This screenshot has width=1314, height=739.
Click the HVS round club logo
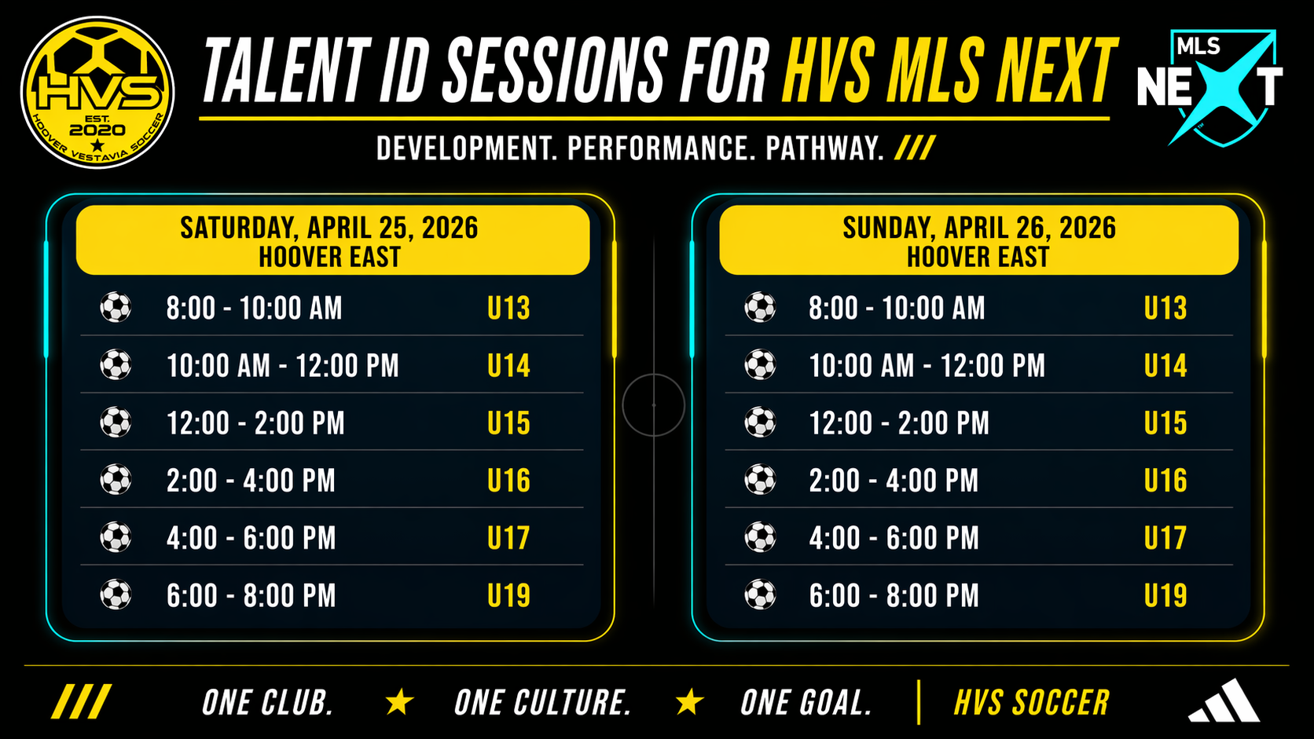click(x=97, y=92)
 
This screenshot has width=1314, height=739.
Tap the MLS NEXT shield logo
click(x=1210, y=87)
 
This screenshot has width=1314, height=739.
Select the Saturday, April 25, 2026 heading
click(x=329, y=228)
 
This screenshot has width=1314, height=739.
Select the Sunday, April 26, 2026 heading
click(x=979, y=228)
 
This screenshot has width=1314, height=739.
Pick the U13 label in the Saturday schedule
click(x=508, y=309)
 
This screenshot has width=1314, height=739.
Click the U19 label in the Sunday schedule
click(x=1165, y=595)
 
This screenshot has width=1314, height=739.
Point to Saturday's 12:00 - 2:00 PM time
click(x=255, y=423)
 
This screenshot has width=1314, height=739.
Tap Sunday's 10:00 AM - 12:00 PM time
click(x=927, y=366)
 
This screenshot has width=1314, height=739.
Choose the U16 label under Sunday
click(x=1165, y=481)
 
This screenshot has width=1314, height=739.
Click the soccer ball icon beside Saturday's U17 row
click(x=116, y=537)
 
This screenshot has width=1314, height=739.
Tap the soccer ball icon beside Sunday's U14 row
click(x=760, y=365)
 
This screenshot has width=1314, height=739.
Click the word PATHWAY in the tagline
click(x=824, y=149)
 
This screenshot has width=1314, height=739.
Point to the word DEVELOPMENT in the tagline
click(x=467, y=149)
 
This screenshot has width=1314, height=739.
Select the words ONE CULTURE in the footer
click(x=542, y=702)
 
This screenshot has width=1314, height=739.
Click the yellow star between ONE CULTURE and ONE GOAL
click(x=689, y=702)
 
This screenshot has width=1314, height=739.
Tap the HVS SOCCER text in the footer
click(x=1032, y=702)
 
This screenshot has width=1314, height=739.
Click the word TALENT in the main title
click(x=287, y=71)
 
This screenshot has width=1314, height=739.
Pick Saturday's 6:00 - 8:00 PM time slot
click(x=251, y=595)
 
